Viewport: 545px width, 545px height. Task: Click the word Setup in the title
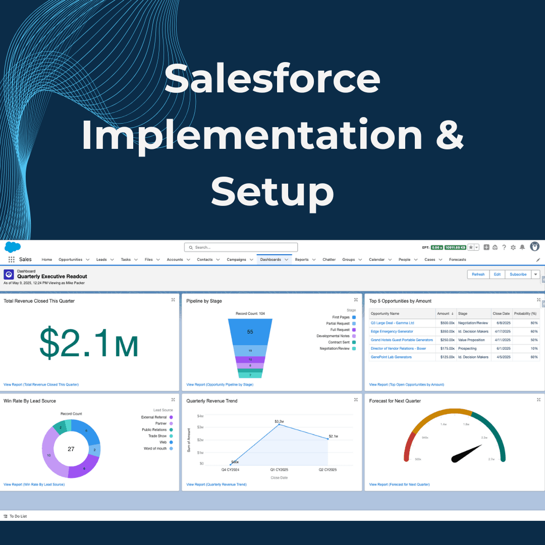[x=272, y=192]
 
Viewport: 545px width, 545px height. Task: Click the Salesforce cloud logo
[x=13, y=247]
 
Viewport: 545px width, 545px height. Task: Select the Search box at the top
[x=241, y=247]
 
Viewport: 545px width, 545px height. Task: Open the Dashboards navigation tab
[x=271, y=259]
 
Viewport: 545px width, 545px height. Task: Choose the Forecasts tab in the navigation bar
[x=457, y=259]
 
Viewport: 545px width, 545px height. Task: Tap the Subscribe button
[x=518, y=275]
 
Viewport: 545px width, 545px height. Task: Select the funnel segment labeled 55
[x=250, y=332]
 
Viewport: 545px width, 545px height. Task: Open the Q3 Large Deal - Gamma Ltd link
[x=392, y=323]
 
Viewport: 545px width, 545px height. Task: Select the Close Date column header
[x=501, y=314]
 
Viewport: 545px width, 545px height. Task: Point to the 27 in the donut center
[x=71, y=449]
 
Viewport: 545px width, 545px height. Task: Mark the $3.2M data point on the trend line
[x=279, y=425]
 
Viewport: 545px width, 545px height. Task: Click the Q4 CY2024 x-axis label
[x=231, y=470]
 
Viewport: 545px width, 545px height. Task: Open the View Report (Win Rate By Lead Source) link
[x=34, y=484]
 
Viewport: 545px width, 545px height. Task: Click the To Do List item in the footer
[x=18, y=516]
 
